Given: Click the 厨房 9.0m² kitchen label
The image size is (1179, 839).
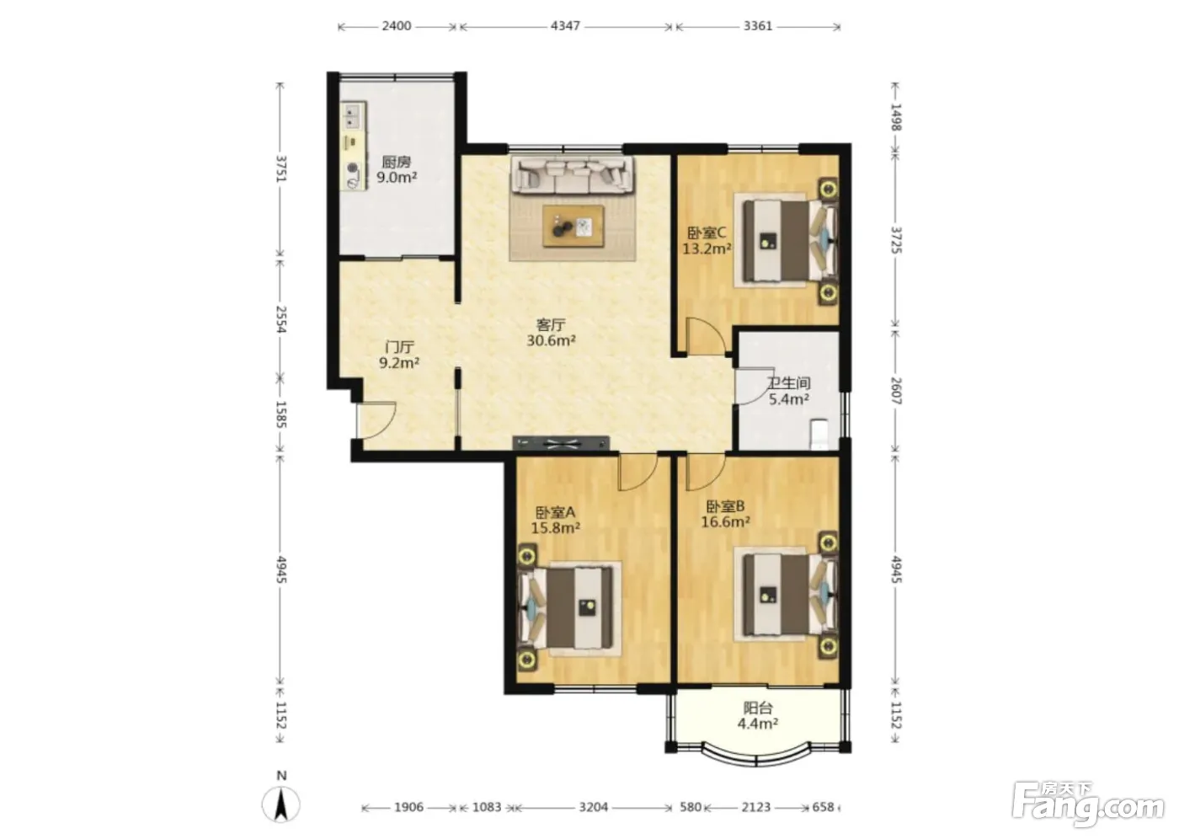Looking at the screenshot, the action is pos(397,169).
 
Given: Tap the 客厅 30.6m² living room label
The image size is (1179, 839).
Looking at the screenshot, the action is pos(551,332).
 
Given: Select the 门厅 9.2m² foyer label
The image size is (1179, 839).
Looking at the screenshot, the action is pos(399,355).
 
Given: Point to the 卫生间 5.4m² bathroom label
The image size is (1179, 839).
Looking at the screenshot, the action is pos(788,391).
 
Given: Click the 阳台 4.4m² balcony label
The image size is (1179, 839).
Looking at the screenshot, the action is pos(758,716).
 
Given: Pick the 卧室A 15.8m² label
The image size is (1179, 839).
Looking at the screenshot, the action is pos(555,520).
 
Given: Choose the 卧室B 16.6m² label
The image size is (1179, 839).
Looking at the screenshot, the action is pos(725,514).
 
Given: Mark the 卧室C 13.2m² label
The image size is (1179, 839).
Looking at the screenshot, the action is pos(707,240).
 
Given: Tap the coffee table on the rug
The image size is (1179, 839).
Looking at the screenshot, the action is pos(573,226).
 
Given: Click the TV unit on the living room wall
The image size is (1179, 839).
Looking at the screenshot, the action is pos(561,443).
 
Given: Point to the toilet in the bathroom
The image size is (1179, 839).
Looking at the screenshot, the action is pos(819,434).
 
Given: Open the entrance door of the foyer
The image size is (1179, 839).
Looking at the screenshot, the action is pos(376,420).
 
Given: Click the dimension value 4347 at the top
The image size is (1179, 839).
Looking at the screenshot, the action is pos(565,26).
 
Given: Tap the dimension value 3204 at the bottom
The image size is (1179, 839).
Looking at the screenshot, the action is pos(593,807).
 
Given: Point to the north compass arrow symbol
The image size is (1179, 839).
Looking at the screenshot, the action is pos(281,804).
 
